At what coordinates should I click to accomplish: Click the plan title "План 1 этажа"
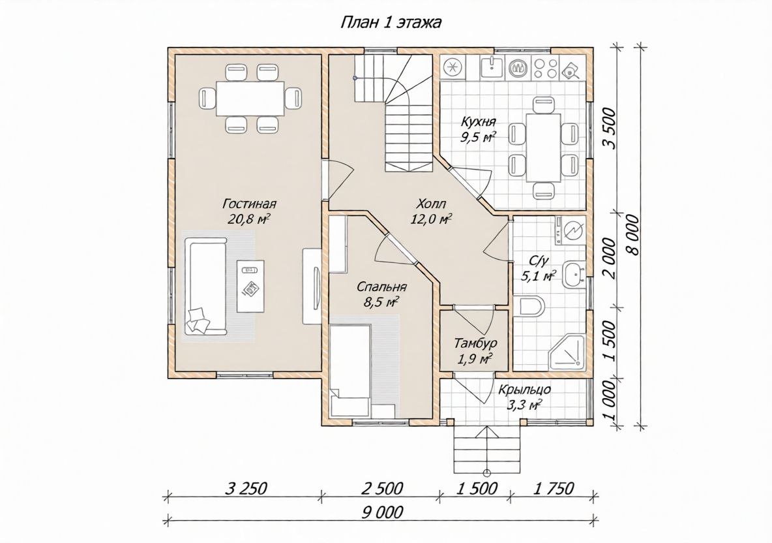point(391,22)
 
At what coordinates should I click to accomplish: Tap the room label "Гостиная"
point(249,204)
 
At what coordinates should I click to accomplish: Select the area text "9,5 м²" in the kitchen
point(478,137)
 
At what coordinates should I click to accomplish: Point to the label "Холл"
point(431,204)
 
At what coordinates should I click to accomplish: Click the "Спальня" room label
point(381,287)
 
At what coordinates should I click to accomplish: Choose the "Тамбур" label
point(475,343)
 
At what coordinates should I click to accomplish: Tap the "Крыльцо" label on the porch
point(524,389)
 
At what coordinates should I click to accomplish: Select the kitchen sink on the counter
point(492,67)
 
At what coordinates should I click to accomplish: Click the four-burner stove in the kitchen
point(545,67)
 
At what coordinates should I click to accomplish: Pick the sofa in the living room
point(206,285)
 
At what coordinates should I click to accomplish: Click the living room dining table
point(251,98)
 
